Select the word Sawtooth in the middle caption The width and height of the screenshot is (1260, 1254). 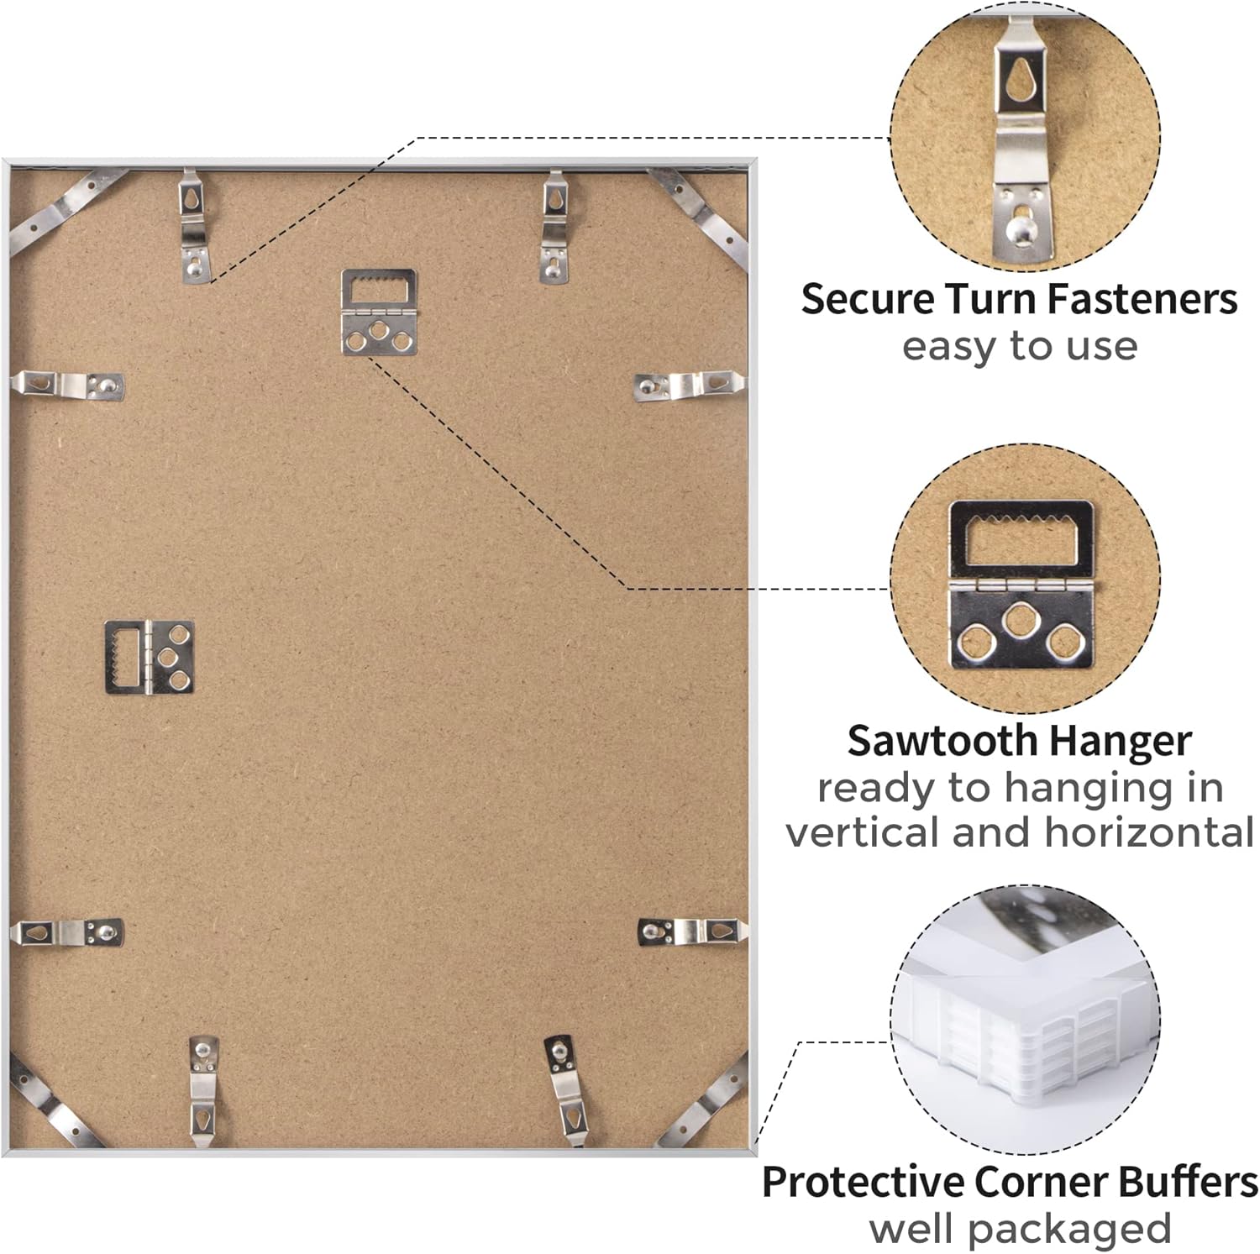[x=941, y=741]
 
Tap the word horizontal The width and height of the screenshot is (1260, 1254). [x=1149, y=832]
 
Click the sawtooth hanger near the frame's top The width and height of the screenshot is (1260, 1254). [x=379, y=312]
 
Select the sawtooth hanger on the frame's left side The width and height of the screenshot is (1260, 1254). [x=150, y=658]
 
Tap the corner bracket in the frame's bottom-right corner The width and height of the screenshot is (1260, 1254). [x=704, y=1104]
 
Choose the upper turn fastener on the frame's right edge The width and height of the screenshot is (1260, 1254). [x=689, y=385]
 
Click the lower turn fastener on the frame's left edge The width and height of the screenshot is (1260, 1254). [x=67, y=931]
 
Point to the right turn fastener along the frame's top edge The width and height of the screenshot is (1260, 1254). [x=555, y=226]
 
